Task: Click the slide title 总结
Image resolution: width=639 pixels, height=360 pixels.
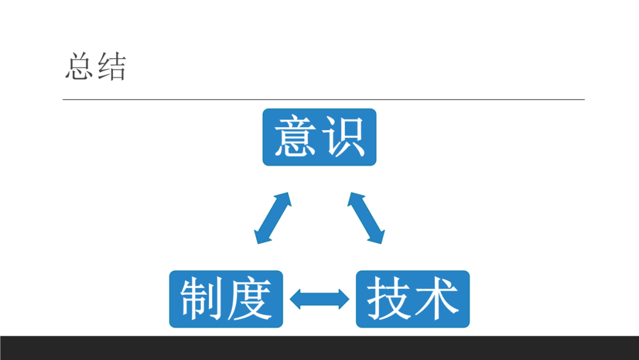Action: click(95, 67)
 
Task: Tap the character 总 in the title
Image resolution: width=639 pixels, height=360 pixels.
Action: click(79, 67)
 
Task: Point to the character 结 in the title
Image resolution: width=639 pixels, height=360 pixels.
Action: click(111, 67)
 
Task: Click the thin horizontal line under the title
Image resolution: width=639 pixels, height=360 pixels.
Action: click(323, 99)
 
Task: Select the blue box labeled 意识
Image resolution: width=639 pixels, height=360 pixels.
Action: click(319, 137)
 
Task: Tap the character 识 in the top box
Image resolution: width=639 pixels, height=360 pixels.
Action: click(344, 137)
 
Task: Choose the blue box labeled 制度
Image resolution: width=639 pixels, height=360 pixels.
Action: click(226, 299)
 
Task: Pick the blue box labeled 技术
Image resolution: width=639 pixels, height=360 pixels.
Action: click(412, 299)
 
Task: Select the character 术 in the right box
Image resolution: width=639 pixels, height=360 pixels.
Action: click(437, 299)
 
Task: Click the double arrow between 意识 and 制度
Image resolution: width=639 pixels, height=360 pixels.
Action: click(273, 218)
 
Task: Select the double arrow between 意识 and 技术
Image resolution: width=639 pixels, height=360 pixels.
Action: click(366, 218)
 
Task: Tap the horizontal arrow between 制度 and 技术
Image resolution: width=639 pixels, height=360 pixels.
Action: click(319, 299)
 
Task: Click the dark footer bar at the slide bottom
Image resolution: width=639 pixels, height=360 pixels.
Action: click(319, 348)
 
